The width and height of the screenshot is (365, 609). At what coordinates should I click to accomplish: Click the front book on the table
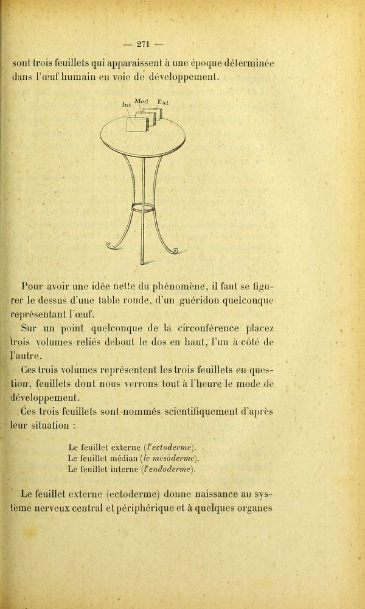[x=137, y=125]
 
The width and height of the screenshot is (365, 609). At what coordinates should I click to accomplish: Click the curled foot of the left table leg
[x=113, y=245]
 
